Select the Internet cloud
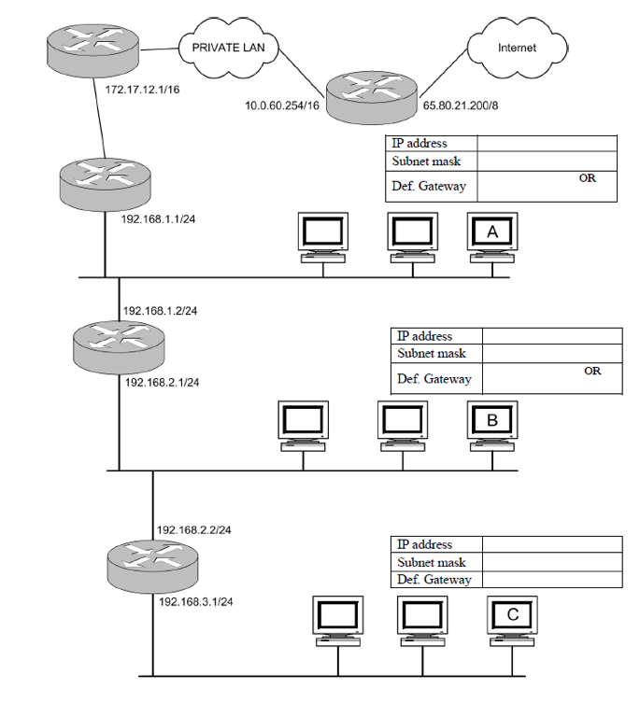point(517,47)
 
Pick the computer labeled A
point(492,236)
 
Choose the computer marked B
point(492,426)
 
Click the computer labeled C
point(512,620)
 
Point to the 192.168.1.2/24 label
point(160,310)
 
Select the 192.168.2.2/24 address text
point(193,529)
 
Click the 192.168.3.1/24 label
point(195,602)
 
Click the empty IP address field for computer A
point(547,144)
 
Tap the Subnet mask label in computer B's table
point(432,354)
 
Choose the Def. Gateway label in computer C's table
point(434,580)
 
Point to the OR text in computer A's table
point(587,178)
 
